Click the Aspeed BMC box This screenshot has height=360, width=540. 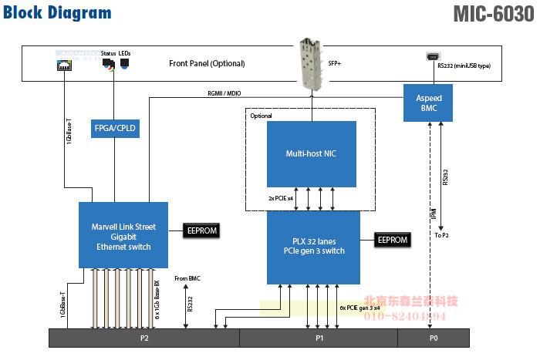pos(428,103)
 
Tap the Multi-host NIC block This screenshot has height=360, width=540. pos(311,154)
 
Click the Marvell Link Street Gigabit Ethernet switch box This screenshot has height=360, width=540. pos(123,235)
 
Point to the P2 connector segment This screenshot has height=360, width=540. pos(143,338)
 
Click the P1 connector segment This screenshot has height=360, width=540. pos(319,338)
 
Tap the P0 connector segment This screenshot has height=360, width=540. pos(433,338)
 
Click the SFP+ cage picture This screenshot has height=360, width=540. pos(312,62)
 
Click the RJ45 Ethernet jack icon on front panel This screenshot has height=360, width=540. pos(62,65)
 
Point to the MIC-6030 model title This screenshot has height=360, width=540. pos(492,14)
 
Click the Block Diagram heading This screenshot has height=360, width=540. pos(57,13)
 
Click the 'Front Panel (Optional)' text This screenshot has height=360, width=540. pos(206,63)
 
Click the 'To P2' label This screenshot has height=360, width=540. pos(441,234)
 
